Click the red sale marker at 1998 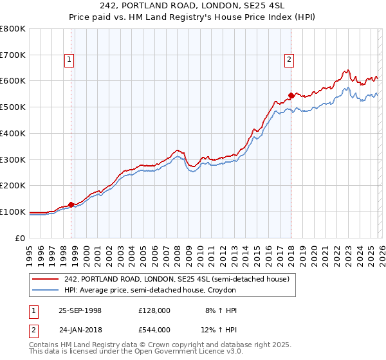click(x=71, y=204)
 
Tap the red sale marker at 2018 click(x=291, y=96)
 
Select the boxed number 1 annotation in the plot click(x=69, y=60)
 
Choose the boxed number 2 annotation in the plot click(x=289, y=60)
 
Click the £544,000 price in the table click(x=154, y=330)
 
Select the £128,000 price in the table click(x=154, y=310)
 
